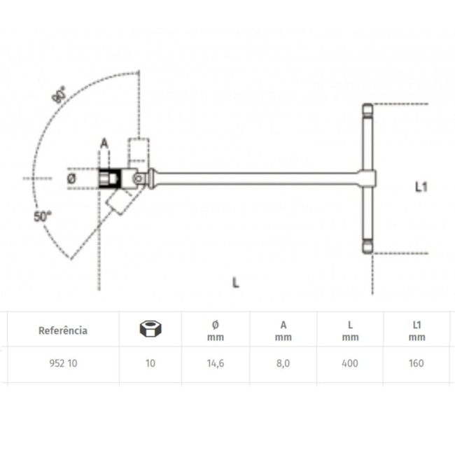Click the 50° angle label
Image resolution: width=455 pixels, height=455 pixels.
(43, 217)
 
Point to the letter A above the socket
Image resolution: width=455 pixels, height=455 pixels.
(104, 143)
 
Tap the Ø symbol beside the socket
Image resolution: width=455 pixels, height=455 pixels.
(71, 178)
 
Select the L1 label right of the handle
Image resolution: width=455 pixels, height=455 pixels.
(421, 186)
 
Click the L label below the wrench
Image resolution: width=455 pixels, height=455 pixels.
(236, 283)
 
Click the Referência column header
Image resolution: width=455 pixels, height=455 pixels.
(63, 330)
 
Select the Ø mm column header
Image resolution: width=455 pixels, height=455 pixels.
(215, 330)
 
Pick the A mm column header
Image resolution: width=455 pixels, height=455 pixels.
(283, 330)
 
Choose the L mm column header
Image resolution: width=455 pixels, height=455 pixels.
(351, 330)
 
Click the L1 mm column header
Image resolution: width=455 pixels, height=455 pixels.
(417, 330)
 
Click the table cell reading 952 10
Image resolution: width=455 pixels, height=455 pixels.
(63, 363)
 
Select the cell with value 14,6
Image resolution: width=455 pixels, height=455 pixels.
(215, 363)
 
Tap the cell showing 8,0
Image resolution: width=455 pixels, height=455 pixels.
(283, 363)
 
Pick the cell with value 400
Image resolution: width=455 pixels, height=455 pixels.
(351, 363)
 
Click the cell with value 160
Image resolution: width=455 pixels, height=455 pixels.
(417, 363)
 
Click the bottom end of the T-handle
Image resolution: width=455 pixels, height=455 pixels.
(366, 248)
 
